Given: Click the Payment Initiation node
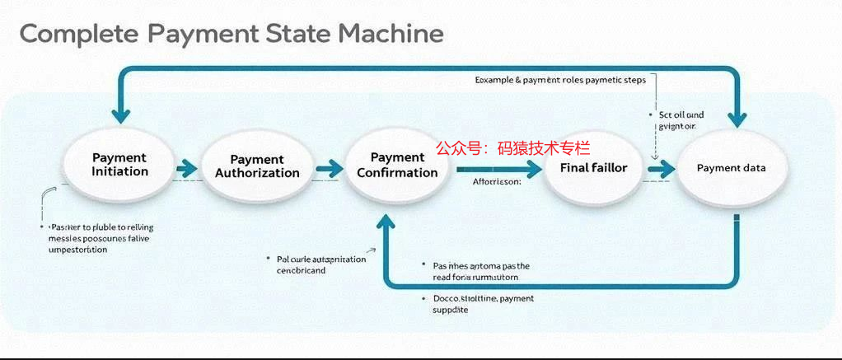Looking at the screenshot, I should (120, 165).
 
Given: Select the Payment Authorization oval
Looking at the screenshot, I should (257, 166).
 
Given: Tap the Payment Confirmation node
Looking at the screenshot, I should (397, 165).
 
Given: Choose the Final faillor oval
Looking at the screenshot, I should (593, 168).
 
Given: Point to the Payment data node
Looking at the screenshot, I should (732, 168).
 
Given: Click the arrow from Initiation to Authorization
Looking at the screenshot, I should (186, 168).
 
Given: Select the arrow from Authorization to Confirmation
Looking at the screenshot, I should (329, 168).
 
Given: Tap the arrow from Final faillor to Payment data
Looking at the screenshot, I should (661, 169).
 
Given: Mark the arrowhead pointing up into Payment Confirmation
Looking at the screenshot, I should (385, 218).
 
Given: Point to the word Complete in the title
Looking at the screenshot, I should (77, 35).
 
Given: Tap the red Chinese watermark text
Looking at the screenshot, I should (512, 148).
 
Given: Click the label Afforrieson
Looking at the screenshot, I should (497, 183).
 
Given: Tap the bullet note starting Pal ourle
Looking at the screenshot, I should (318, 264).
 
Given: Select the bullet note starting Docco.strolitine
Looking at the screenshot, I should (483, 304).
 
